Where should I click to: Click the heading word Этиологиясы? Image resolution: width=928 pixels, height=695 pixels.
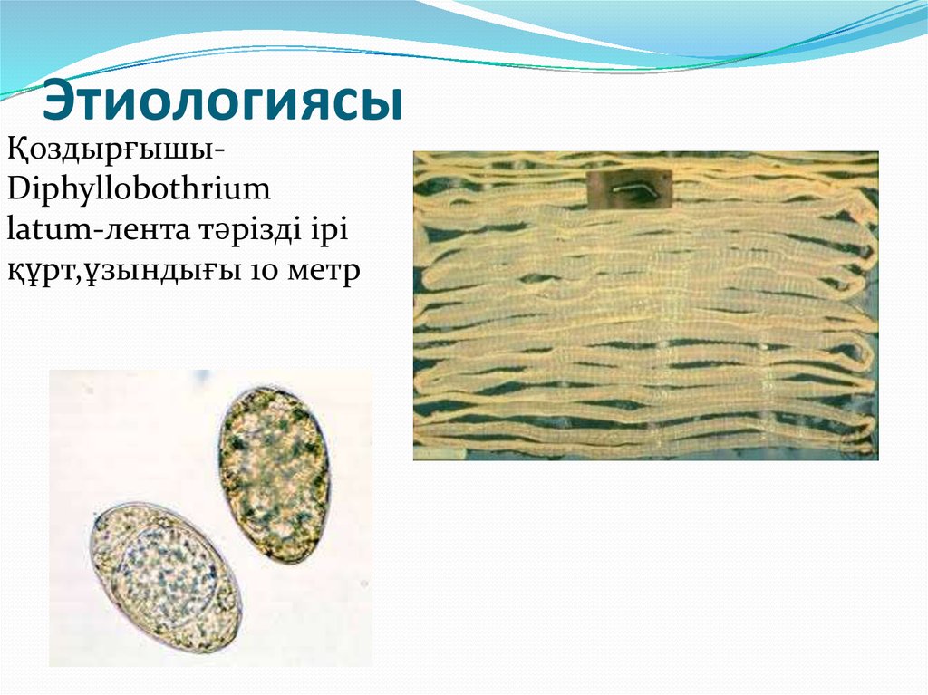223,101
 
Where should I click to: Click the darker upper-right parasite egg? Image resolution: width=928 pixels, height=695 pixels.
273,475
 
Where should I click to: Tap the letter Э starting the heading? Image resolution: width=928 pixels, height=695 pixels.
62,101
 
